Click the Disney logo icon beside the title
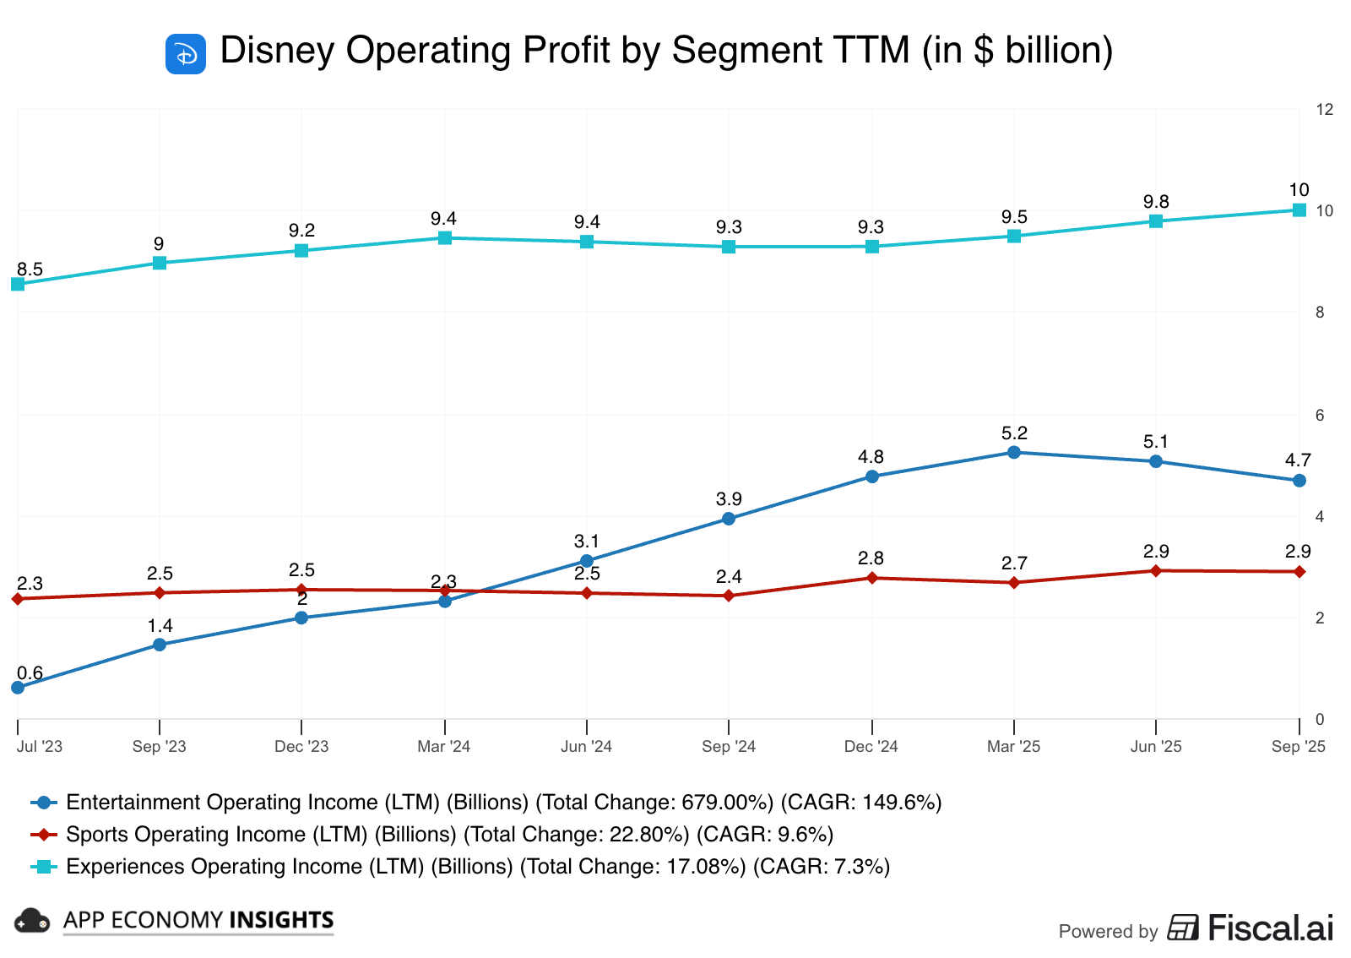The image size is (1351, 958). pyautogui.click(x=186, y=54)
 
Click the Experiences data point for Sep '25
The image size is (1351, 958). pyautogui.click(x=1299, y=210)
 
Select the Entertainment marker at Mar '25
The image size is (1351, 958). pyautogui.click(x=1014, y=452)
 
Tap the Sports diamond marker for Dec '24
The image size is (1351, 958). pyautogui.click(x=872, y=578)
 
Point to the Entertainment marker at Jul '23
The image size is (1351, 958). pyautogui.click(x=18, y=687)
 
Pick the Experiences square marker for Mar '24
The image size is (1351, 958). pyautogui.click(x=445, y=238)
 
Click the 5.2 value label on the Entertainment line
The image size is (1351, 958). pyautogui.click(x=1014, y=433)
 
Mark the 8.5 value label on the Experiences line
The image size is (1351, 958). pyautogui.click(x=30, y=269)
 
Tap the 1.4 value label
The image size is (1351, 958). pyautogui.click(x=160, y=626)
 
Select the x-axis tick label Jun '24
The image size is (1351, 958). pyautogui.click(x=586, y=746)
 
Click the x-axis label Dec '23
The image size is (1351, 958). pyautogui.click(x=301, y=746)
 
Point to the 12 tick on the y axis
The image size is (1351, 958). pyautogui.click(x=1324, y=109)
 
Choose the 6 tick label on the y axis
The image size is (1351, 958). pyautogui.click(x=1320, y=415)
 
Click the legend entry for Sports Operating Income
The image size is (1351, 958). pyautogui.click(x=449, y=835)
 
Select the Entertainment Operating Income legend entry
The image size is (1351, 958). pyautogui.click(x=503, y=803)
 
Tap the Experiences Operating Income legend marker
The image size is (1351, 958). pyautogui.click(x=44, y=867)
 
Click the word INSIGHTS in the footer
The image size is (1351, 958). pyautogui.click(x=283, y=920)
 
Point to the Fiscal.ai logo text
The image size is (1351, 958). pyautogui.click(x=1270, y=928)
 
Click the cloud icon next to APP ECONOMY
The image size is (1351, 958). pyautogui.click(x=32, y=921)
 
